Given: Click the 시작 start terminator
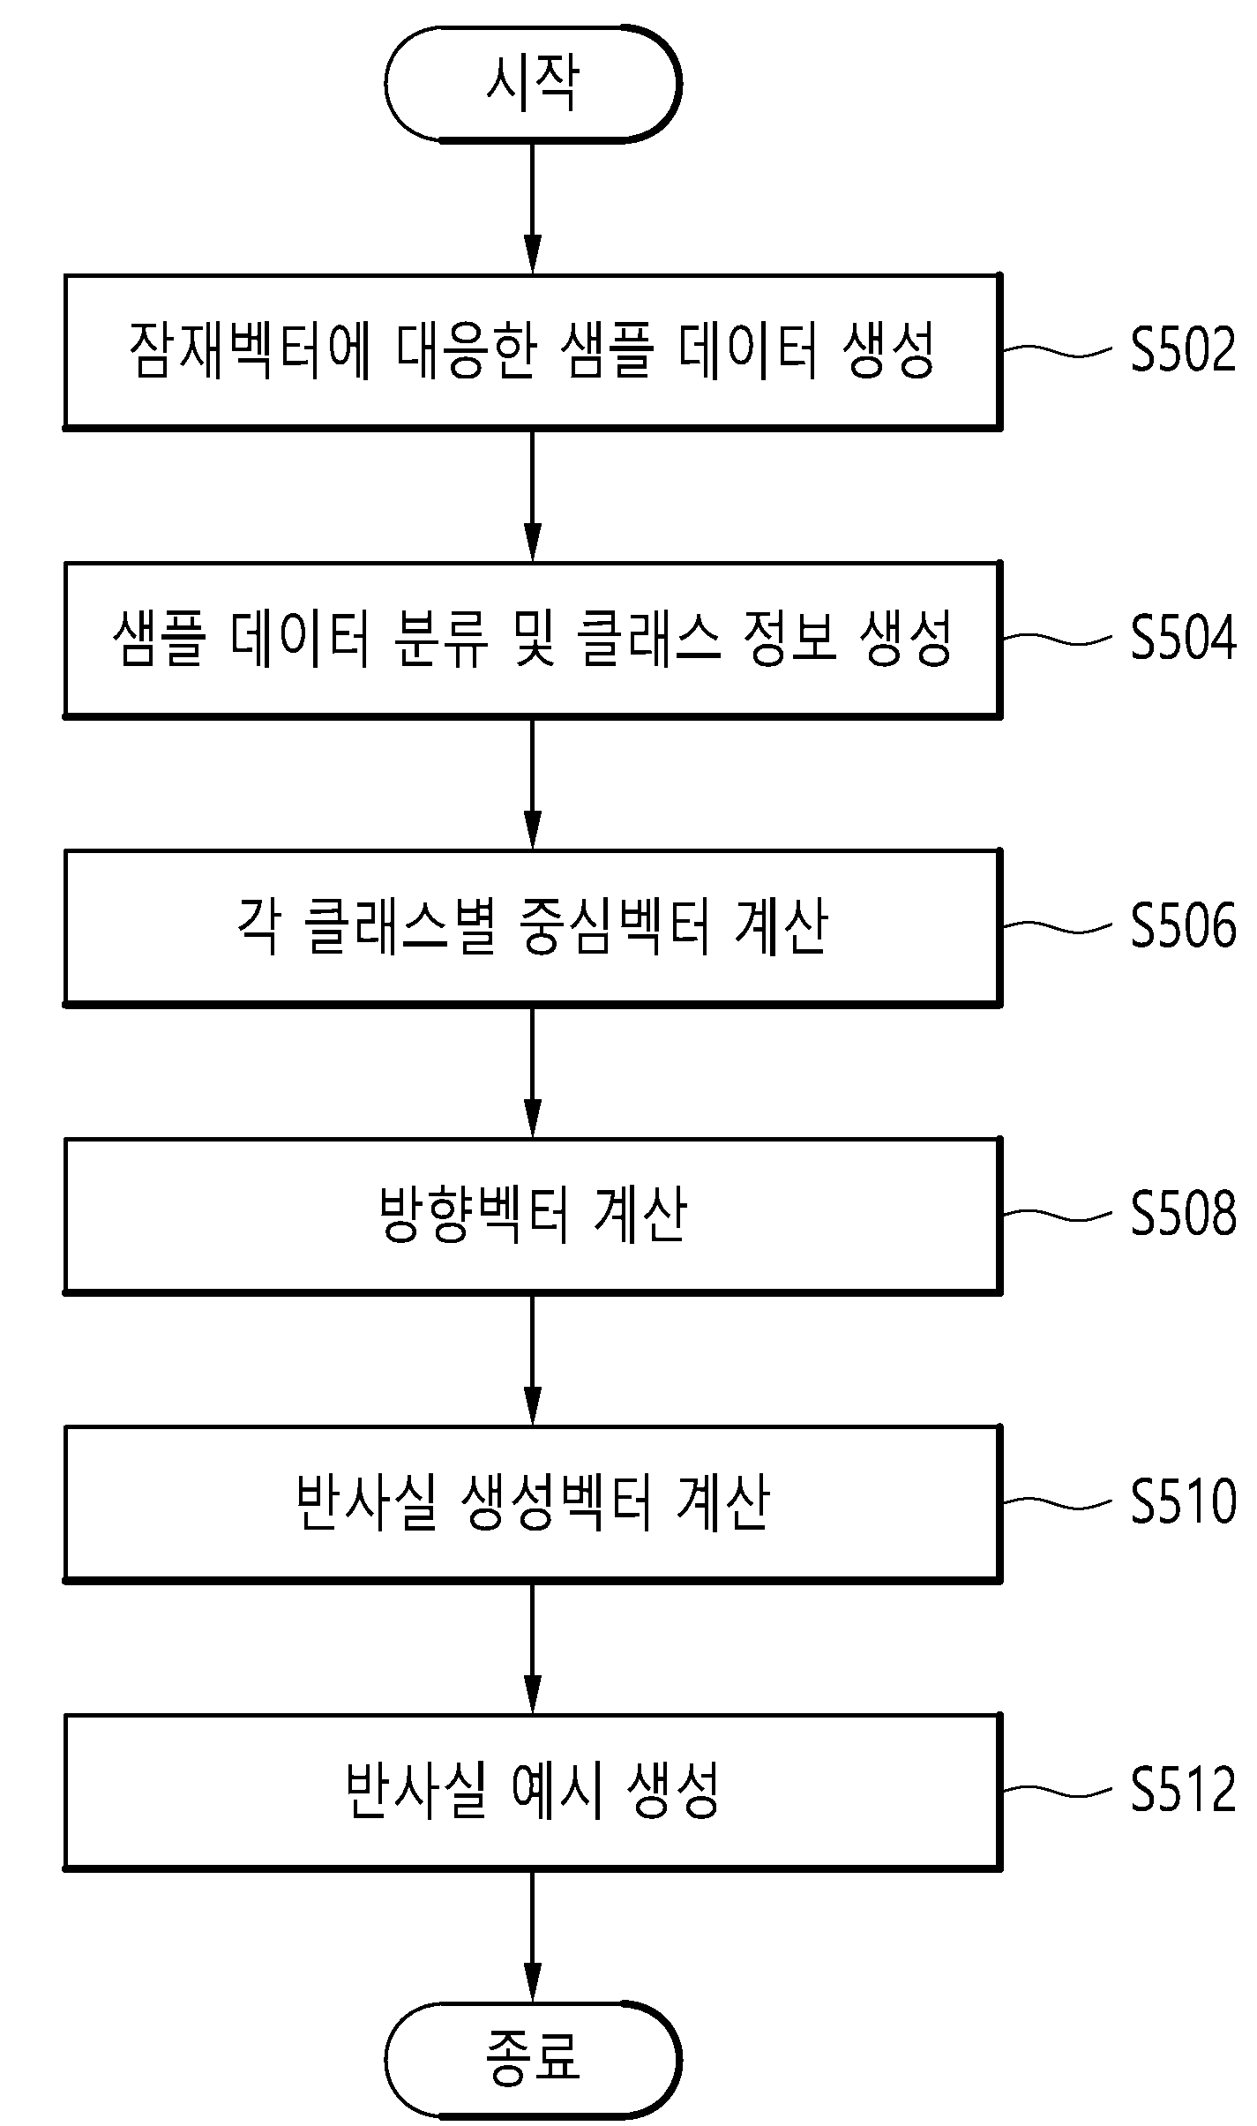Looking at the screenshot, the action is tap(533, 84).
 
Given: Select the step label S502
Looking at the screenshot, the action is tap(1184, 350).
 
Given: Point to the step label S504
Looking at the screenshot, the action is tap(1184, 638).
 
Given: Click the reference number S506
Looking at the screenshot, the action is tap(1184, 926).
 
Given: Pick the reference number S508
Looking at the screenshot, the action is tap(1184, 1214).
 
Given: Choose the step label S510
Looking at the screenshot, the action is tap(1184, 1502).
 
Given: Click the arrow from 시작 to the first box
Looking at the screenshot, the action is tap(533, 207).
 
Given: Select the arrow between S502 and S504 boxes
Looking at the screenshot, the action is tap(533, 496).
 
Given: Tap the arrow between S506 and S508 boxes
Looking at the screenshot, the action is tap(533, 1072).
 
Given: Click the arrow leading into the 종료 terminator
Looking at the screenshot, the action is tap(533, 1935).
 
